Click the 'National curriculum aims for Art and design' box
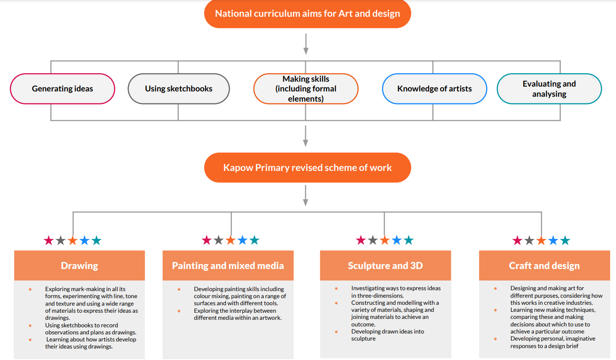tap(307, 14)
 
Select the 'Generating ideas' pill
tap(62, 88)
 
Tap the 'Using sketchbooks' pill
tap(179, 88)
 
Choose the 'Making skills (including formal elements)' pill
tap(306, 88)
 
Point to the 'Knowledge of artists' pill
tap(435, 88)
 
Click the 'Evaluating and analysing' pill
tap(549, 88)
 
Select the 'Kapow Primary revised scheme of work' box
tap(307, 167)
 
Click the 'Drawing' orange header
tap(79, 265)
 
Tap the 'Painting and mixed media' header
tap(228, 265)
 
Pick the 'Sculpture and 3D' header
tap(385, 265)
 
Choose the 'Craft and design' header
tap(544, 265)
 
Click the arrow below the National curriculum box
tap(306, 44)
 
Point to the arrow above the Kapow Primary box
tap(306, 136)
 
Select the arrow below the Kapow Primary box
tap(306, 196)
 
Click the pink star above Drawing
tap(49, 240)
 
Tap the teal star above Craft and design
tap(565, 240)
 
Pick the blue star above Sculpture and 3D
tap(397, 240)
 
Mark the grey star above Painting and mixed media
tap(219, 240)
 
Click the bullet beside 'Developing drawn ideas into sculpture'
tap(336, 332)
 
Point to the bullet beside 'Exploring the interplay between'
tap(179, 311)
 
